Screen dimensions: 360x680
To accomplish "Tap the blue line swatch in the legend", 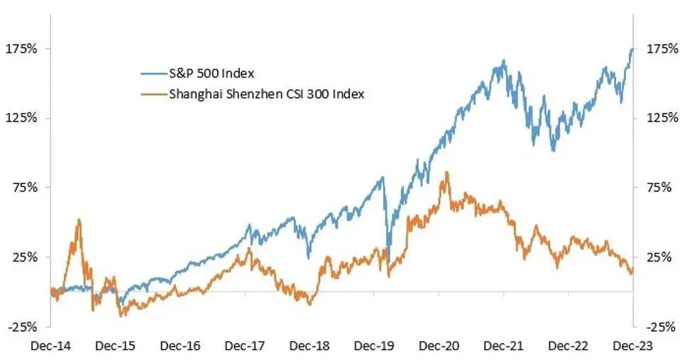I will pyautogui.click(x=152, y=73).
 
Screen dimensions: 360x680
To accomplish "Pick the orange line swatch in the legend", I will pyautogui.click(x=152, y=94).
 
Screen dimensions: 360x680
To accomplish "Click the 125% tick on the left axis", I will pyautogui.click(x=21, y=118).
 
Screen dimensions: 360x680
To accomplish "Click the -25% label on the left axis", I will pyautogui.click(x=21, y=327).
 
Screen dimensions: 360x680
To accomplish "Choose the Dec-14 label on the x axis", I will pyautogui.click(x=50, y=346).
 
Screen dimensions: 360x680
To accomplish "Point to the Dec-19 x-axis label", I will pyautogui.click(x=374, y=346).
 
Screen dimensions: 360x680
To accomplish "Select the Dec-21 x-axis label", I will pyautogui.click(x=504, y=346).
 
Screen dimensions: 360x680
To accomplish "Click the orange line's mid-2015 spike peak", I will pyautogui.click(x=79, y=219).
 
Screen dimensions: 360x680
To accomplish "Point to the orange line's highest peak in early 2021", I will pyautogui.click(x=446, y=172).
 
